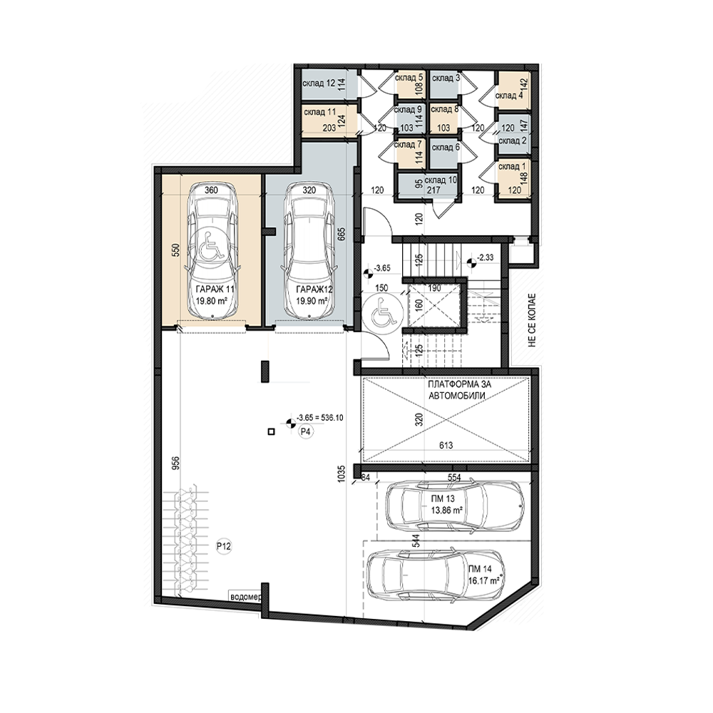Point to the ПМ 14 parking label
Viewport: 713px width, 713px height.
(479, 569)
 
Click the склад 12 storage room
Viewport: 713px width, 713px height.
(319, 83)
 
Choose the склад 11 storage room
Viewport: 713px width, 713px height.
(319, 112)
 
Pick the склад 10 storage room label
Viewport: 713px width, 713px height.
(441, 180)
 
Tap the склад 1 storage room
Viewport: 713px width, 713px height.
(509, 166)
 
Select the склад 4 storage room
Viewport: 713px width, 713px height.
(506, 96)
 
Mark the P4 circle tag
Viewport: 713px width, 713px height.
(306, 432)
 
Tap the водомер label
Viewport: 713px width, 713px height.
(245, 597)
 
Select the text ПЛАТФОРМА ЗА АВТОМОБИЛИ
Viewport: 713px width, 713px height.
(458, 390)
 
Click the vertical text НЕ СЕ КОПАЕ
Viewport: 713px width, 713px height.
(532, 321)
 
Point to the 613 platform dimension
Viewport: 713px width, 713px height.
(446, 446)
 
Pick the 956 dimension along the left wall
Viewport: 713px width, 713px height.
(177, 463)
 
